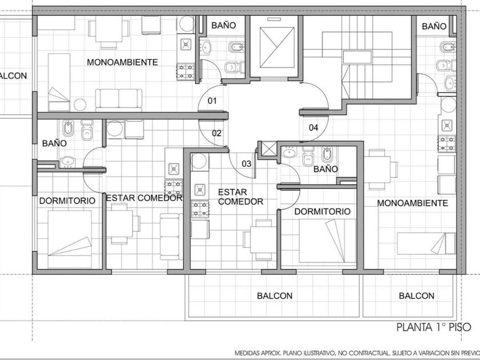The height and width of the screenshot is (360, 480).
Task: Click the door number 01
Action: point(212,101)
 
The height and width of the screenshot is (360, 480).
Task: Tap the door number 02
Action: point(217,133)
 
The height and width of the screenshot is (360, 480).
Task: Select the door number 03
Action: point(246,164)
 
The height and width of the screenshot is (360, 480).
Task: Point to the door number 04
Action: point(314,127)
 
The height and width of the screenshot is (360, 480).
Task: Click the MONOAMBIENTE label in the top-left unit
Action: point(122,62)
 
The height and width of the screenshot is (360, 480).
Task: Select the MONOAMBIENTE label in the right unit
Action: point(413,203)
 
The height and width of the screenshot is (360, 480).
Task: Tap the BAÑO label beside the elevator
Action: point(224,25)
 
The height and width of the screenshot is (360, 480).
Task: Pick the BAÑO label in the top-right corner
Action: point(434,26)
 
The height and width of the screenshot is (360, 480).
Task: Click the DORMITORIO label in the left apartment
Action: point(67,201)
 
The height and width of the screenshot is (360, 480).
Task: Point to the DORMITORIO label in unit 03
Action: point(322,211)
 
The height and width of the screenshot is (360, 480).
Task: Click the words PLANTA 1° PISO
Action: point(434,327)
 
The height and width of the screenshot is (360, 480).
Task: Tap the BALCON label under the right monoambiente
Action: point(417,296)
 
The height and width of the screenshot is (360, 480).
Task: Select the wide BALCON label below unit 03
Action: point(275,296)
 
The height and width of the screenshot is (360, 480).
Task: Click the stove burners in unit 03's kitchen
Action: point(200,209)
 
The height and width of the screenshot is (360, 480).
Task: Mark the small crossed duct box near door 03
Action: point(269,149)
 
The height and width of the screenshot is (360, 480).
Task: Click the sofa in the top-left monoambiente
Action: point(119,100)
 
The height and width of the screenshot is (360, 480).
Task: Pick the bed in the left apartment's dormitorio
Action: point(70,239)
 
